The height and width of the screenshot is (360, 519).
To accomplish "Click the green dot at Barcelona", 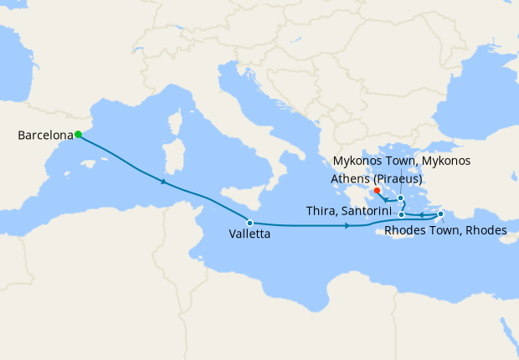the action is (x=78, y=134).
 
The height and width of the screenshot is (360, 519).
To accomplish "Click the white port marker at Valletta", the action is (x=250, y=223).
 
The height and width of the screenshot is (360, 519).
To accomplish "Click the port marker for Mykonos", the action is (x=401, y=198).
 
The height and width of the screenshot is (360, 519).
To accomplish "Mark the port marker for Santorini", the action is (x=402, y=215).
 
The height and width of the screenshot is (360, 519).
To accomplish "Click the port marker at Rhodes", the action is (x=441, y=214).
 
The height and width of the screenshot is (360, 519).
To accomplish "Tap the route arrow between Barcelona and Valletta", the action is (x=163, y=181).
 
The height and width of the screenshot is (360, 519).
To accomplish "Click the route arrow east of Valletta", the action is (x=347, y=226).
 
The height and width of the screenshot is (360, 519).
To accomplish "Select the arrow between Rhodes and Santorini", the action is (x=421, y=215).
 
